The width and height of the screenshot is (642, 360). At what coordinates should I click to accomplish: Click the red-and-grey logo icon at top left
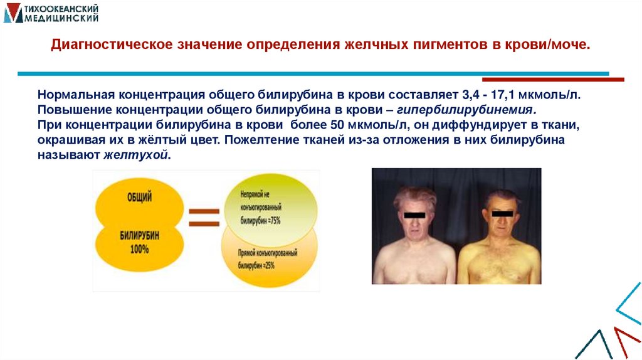pos(13,13)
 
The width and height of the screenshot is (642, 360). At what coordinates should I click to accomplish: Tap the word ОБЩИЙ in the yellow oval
pos(140,198)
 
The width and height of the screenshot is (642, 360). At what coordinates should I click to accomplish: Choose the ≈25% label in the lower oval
pos(263,266)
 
